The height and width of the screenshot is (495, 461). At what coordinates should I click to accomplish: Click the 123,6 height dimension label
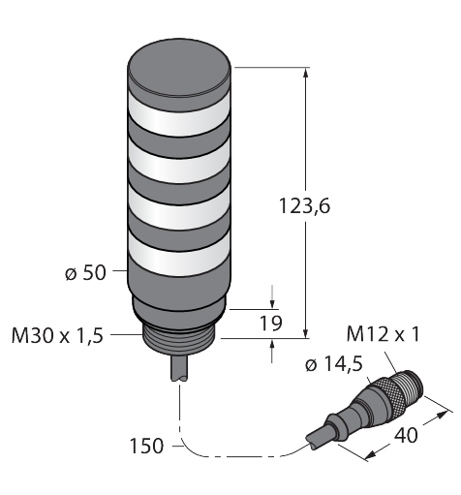(304, 206)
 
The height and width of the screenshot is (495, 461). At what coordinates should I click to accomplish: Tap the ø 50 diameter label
(85, 273)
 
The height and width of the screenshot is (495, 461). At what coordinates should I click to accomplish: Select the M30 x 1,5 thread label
(57, 335)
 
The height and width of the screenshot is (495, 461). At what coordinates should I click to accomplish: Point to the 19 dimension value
(271, 323)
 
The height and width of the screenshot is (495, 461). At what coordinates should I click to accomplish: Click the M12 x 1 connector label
(384, 333)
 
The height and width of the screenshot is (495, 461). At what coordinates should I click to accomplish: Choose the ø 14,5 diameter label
(334, 364)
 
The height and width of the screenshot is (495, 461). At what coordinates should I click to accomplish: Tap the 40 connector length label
(406, 435)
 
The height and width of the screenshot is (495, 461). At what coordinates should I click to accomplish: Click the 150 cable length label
(146, 446)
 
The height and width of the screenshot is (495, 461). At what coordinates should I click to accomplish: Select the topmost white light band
(179, 113)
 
